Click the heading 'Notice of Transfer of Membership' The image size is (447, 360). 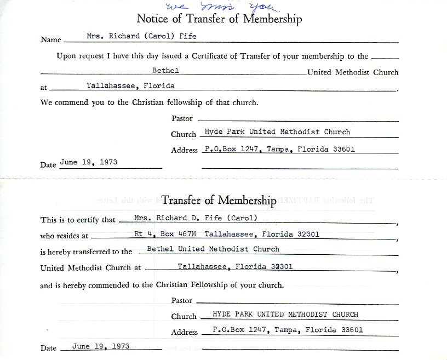(x=219, y=20)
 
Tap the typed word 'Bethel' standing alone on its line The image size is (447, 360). (x=166, y=70)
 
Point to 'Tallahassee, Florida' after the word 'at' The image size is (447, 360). (x=130, y=85)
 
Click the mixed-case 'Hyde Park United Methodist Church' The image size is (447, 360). (x=277, y=132)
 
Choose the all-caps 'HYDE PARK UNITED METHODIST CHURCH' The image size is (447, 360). (x=278, y=314)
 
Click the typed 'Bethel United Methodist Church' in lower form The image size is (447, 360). (x=213, y=249)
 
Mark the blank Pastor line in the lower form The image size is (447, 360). (x=296, y=301)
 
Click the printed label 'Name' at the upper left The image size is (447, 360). (x=51, y=40)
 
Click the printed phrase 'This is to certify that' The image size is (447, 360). (x=78, y=220)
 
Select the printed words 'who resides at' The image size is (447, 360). (x=64, y=236)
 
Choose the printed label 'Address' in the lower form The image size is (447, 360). (x=184, y=332)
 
